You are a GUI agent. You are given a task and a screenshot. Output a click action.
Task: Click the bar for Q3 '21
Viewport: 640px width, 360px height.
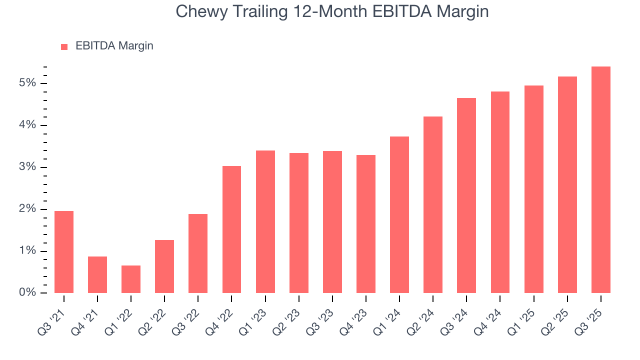(x=64, y=252)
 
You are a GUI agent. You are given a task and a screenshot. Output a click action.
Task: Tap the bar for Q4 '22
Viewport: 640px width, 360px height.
(x=231, y=229)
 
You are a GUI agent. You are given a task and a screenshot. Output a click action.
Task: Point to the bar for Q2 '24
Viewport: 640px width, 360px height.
(x=433, y=204)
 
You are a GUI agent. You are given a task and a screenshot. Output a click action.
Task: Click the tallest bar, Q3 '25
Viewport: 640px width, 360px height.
(x=600, y=179)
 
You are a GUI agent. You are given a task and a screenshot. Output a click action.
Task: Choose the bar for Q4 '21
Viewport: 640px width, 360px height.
(x=97, y=274)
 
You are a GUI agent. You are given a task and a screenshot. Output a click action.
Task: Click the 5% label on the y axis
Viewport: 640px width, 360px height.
(x=28, y=83)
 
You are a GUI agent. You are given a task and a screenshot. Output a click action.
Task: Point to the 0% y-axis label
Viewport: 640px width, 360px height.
(x=28, y=293)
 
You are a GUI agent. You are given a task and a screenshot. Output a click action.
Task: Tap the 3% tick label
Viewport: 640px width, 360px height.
(x=28, y=167)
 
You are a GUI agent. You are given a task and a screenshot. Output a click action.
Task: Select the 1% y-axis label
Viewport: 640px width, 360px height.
(x=28, y=251)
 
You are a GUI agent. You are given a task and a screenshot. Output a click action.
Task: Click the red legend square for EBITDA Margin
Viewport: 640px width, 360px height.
(x=64, y=46)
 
